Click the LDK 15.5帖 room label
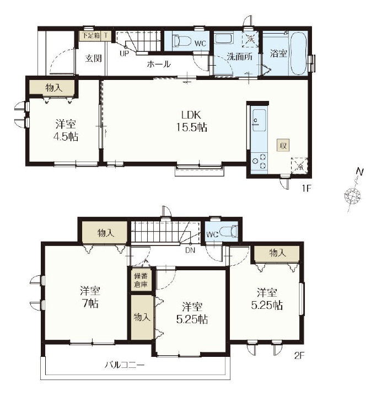(x=191, y=121)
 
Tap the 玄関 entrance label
(x=93, y=58)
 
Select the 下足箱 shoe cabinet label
(x=90, y=35)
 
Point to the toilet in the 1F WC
(x=182, y=41)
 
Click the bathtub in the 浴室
(x=298, y=53)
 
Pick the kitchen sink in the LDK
(x=259, y=120)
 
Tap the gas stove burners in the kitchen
(x=259, y=162)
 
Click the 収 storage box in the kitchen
(x=283, y=146)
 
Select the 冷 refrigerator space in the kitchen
(x=299, y=165)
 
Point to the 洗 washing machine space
(x=250, y=39)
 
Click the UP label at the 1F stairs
(x=124, y=54)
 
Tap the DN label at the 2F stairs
(x=190, y=250)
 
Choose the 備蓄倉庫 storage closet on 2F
(x=141, y=280)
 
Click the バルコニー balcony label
(x=125, y=365)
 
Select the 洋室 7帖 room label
(x=90, y=297)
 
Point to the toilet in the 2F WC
(x=228, y=231)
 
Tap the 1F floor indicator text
(x=306, y=189)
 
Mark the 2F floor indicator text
(x=299, y=355)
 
